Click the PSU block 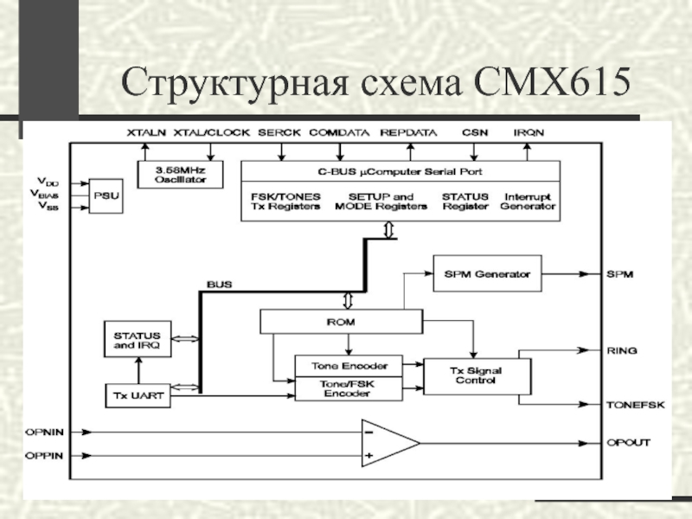107,195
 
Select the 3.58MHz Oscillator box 180,173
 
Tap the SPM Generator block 486,273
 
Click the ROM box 341,322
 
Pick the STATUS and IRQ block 137,340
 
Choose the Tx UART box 137,396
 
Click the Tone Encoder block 348,365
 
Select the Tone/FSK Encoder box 348,388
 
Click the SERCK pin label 279,133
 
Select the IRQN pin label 529,133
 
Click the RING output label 622,350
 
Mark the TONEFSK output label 635,404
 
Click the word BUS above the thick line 220,284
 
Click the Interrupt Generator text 529,202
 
